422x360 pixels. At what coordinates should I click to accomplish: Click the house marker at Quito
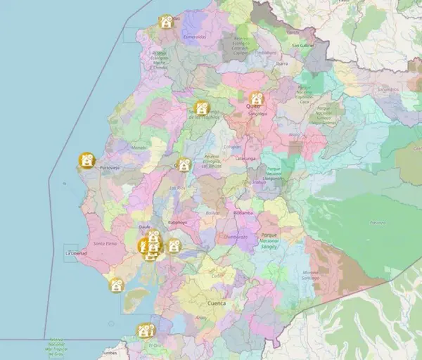[x=257, y=98]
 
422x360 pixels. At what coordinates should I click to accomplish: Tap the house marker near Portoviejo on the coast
[x=87, y=161]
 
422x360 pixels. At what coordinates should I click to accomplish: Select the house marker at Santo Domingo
[x=200, y=108]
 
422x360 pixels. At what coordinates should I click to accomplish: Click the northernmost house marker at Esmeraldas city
[x=166, y=22]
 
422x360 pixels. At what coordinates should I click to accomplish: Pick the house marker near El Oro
[x=146, y=330]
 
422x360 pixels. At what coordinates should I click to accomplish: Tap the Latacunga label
[x=245, y=159]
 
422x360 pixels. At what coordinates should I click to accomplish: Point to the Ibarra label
[x=264, y=63]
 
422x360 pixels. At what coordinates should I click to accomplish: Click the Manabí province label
[x=139, y=148]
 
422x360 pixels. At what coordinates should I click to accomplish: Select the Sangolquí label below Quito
[x=258, y=113]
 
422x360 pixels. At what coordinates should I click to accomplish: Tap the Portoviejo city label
[x=110, y=168]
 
